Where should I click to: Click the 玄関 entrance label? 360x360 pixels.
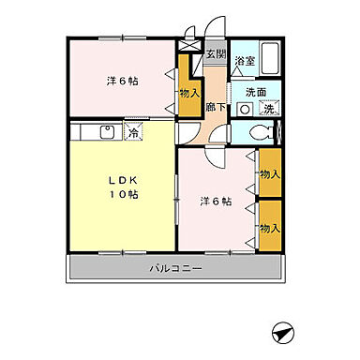tap(216, 54)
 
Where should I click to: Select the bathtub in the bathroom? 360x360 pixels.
tap(273, 58)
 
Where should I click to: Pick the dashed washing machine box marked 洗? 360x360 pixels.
tap(268, 109)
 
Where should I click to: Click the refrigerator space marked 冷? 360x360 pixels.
tap(134, 133)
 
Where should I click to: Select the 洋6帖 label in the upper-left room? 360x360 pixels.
tap(122, 81)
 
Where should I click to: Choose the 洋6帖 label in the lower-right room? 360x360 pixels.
tap(216, 202)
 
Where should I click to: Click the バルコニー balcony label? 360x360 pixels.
tap(175, 270)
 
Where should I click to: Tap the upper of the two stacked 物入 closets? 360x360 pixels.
tap(269, 174)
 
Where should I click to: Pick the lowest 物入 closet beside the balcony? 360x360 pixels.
tap(269, 228)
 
